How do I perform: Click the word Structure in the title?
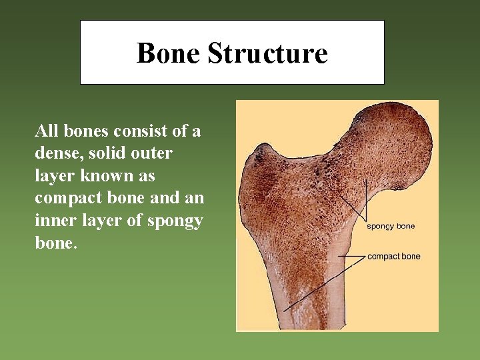267,53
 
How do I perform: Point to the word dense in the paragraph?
54,153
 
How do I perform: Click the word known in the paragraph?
106,176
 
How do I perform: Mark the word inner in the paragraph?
53,221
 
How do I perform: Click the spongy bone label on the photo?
391,226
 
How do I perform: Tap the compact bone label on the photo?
393,256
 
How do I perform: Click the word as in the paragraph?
145,176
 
